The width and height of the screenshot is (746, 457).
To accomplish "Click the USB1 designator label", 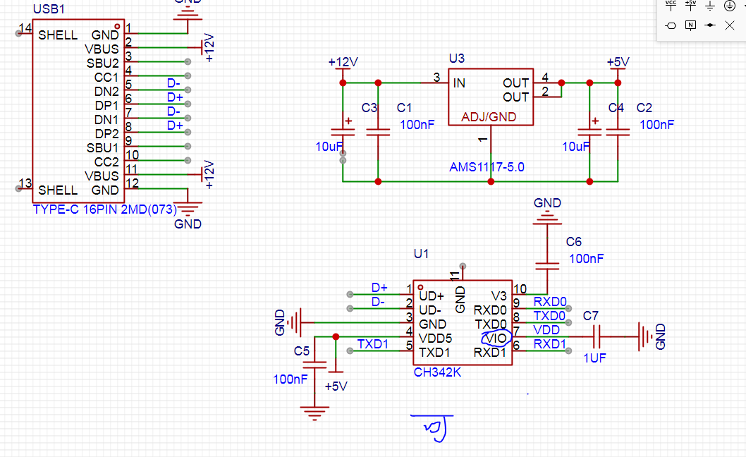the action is point(49,9).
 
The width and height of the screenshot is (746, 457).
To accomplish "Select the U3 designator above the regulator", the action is point(457,58).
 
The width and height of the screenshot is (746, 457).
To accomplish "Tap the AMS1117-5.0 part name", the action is point(487,167).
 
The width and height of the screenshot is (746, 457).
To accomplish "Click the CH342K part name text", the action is point(437,372).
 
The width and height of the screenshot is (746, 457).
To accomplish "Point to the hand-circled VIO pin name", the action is point(496,339).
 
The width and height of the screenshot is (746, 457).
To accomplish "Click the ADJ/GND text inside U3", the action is point(489,117).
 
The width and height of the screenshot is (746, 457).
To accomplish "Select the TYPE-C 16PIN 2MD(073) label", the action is point(104,209).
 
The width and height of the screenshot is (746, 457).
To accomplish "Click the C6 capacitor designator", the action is point(574,242).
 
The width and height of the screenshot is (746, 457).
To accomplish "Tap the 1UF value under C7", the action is point(594,358).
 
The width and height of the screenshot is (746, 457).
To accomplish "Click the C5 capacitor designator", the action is point(302,351).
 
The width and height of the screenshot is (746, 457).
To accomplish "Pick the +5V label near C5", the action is point(336,386).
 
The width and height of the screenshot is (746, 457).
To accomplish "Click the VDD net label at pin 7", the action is point(546,330).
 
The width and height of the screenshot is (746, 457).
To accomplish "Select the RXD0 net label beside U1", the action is point(550,302).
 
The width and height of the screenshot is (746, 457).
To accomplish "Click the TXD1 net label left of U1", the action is point(372,343).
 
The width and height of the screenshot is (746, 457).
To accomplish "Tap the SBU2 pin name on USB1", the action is point(102,63).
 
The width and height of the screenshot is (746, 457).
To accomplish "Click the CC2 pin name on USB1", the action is point(106,162).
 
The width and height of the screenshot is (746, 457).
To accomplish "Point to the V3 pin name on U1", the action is point(499,296).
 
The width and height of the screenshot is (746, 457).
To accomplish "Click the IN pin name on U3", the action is point(459,83).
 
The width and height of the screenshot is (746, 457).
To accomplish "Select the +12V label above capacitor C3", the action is point(343,62).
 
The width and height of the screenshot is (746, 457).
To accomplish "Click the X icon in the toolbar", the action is point(729,25).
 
